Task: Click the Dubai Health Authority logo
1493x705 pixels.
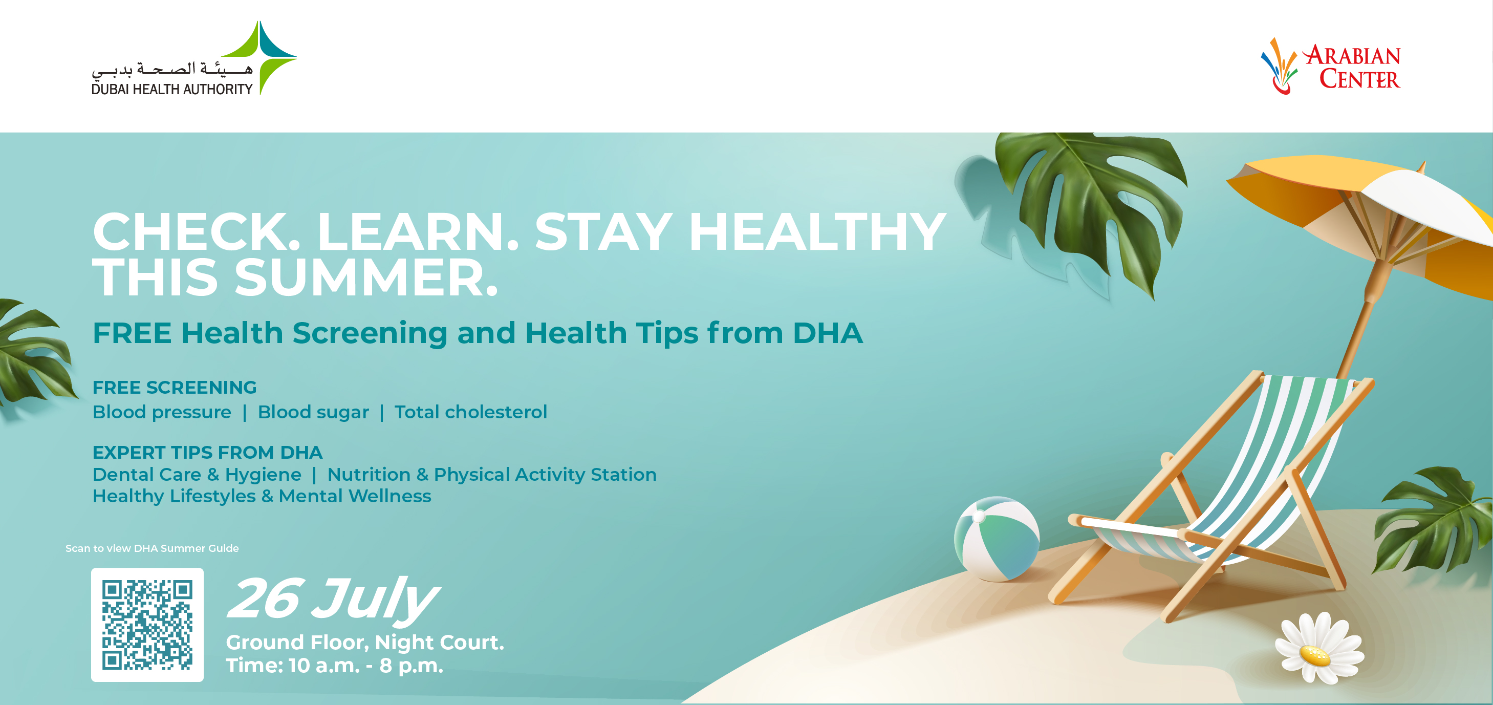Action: click(194, 58)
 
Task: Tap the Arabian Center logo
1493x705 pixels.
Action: click(1331, 66)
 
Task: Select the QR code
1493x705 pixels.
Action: click(147, 625)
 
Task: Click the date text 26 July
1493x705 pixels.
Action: click(333, 600)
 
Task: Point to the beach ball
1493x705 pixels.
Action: click(997, 539)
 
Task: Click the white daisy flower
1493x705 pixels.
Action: click(1318, 648)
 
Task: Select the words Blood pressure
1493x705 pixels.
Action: click(162, 412)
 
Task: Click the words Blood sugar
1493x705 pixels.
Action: click(313, 412)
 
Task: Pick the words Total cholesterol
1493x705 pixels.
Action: click(470, 412)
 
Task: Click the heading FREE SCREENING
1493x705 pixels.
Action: click(175, 387)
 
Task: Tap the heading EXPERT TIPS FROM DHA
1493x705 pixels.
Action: click(207, 452)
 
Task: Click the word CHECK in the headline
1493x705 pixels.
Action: click(197, 232)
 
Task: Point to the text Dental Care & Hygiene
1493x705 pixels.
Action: click(197, 475)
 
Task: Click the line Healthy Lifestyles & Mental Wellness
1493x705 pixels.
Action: click(262, 496)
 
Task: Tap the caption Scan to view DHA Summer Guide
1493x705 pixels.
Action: click(152, 548)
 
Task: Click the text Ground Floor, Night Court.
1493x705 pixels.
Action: click(365, 643)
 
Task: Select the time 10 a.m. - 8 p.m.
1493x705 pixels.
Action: click(366, 666)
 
